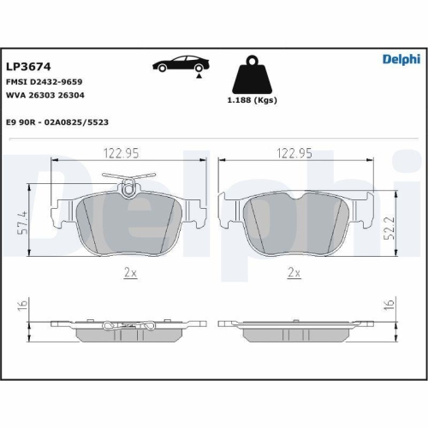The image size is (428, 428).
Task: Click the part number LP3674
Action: tap(28, 67)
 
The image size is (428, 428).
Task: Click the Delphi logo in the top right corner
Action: tap(401, 59)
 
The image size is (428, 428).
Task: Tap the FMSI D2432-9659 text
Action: tap(45, 82)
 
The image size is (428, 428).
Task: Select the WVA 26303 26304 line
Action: tap(45, 95)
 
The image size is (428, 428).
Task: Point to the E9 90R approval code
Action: tap(57, 122)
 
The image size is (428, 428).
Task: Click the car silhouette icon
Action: tap(181, 63)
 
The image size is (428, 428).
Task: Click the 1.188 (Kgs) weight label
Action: tap(252, 100)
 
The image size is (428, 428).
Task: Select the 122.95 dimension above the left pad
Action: tap(121, 153)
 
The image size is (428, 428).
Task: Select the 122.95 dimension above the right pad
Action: tap(294, 153)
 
